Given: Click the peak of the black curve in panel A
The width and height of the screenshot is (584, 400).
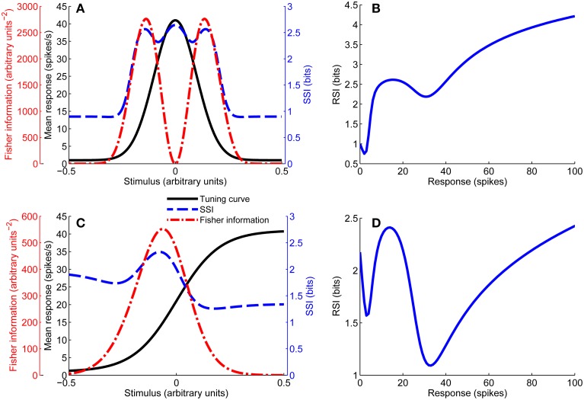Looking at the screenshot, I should point(176,21).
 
